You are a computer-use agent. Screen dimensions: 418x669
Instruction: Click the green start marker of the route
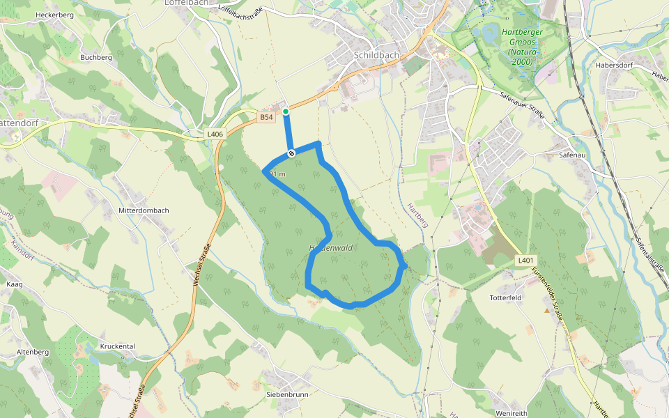point(286,111)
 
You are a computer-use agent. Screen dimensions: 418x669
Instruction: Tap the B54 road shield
point(266,117)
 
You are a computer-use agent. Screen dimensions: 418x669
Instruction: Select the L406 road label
point(215,134)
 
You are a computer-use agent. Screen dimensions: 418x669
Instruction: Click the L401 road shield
point(525,261)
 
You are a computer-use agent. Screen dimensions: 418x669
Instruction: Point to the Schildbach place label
point(377,55)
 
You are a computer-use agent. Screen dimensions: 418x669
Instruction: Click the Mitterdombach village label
point(144,210)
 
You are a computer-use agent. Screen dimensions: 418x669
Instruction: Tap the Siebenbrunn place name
point(287,394)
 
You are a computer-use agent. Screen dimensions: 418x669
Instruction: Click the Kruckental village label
point(117,346)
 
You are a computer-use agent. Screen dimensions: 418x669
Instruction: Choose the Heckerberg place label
point(54,15)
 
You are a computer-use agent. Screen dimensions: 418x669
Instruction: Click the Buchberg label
point(95,58)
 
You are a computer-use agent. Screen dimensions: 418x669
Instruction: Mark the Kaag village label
point(15,285)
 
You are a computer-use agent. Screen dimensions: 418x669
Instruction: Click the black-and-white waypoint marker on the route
point(291,153)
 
